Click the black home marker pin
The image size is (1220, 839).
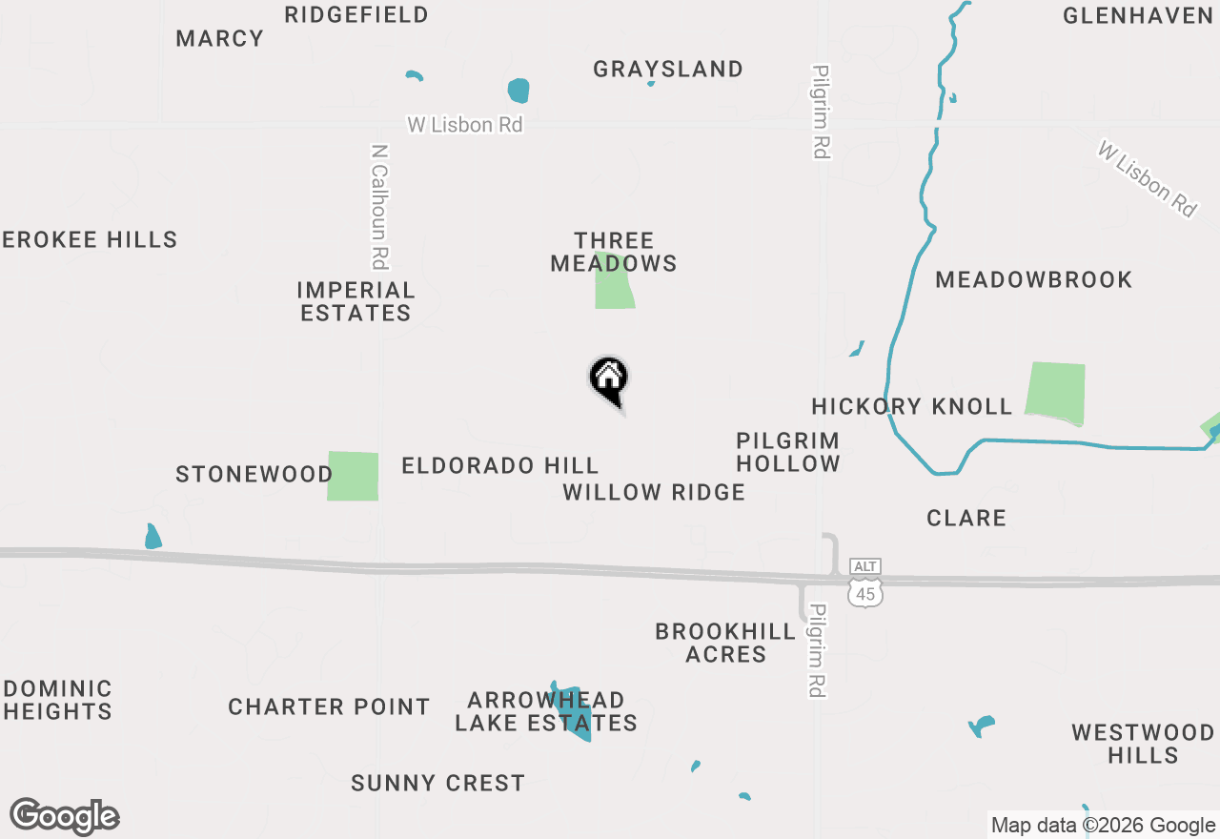point(608,379)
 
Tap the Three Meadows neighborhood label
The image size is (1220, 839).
point(614,252)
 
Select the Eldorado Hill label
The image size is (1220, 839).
point(500,465)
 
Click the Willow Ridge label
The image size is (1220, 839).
point(654,492)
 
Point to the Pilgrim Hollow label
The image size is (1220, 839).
point(788,452)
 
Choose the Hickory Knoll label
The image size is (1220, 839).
point(912,406)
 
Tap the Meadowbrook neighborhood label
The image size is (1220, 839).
point(1034,279)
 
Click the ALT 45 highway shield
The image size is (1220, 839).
point(865,583)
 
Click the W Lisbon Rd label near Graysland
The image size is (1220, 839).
point(465,124)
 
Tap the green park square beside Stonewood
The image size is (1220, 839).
point(353,476)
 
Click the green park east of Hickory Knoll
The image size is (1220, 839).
point(1056,393)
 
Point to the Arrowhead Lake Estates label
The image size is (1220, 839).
point(545,711)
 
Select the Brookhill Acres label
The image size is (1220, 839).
point(726,643)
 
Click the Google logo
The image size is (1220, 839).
point(65,816)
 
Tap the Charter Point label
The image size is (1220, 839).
point(329,706)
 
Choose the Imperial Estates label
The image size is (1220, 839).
point(356,301)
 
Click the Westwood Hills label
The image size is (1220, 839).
point(1143,744)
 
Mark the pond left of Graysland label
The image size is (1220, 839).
point(518,91)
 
